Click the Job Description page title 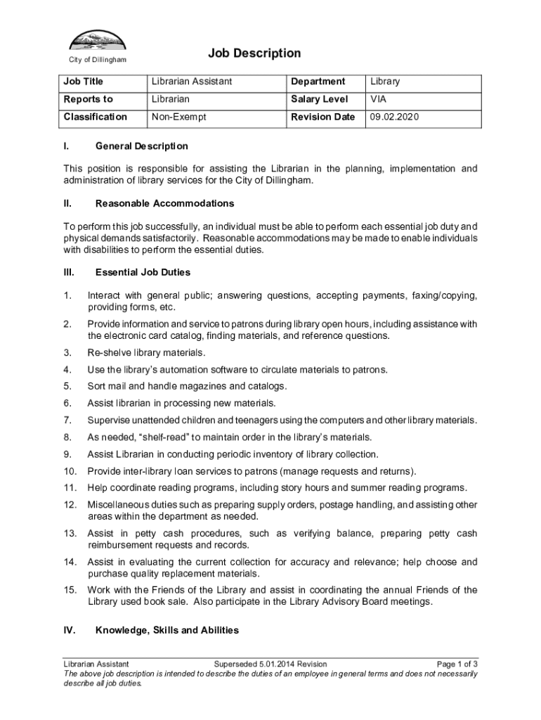pyautogui.click(x=254, y=53)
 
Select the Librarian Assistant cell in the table pyautogui.click(x=192, y=82)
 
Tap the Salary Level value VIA pyautogui.click(x=379, y=100)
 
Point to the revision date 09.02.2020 pyautogui.click(x=394, y=117)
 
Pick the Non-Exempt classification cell pyautogui.click(x=178, y=117)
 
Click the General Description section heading pyautogui.click(x=141, y=146)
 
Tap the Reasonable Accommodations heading pyautogui.click(x=164, y=203)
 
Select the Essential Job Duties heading pyautogui.click(x=143, y=272)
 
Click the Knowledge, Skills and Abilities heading pyautogui.click(x=167, y=630)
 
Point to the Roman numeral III pyautogui.click(x=69, y=272)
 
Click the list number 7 pyautogui.click(x=67, y=420)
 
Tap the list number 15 pyautogui.click(x=70, y=590)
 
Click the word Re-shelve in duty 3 pyautogui.click(x=107, y=352)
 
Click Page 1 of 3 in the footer pyautogui.click(x=457, y=664)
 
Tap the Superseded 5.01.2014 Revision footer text pyautogui.click(x=270, y=664)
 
